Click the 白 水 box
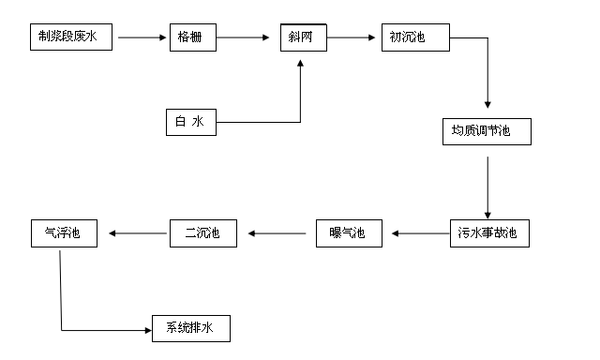[190, 122]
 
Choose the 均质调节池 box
[487, 132]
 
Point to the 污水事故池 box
[487, 232]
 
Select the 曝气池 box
[349, 232]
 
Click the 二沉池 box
[203, 232]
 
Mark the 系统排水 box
[190, 328]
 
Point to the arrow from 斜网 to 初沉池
[353, 37]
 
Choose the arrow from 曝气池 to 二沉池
[276, 232]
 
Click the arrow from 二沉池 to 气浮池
[135, 232]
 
